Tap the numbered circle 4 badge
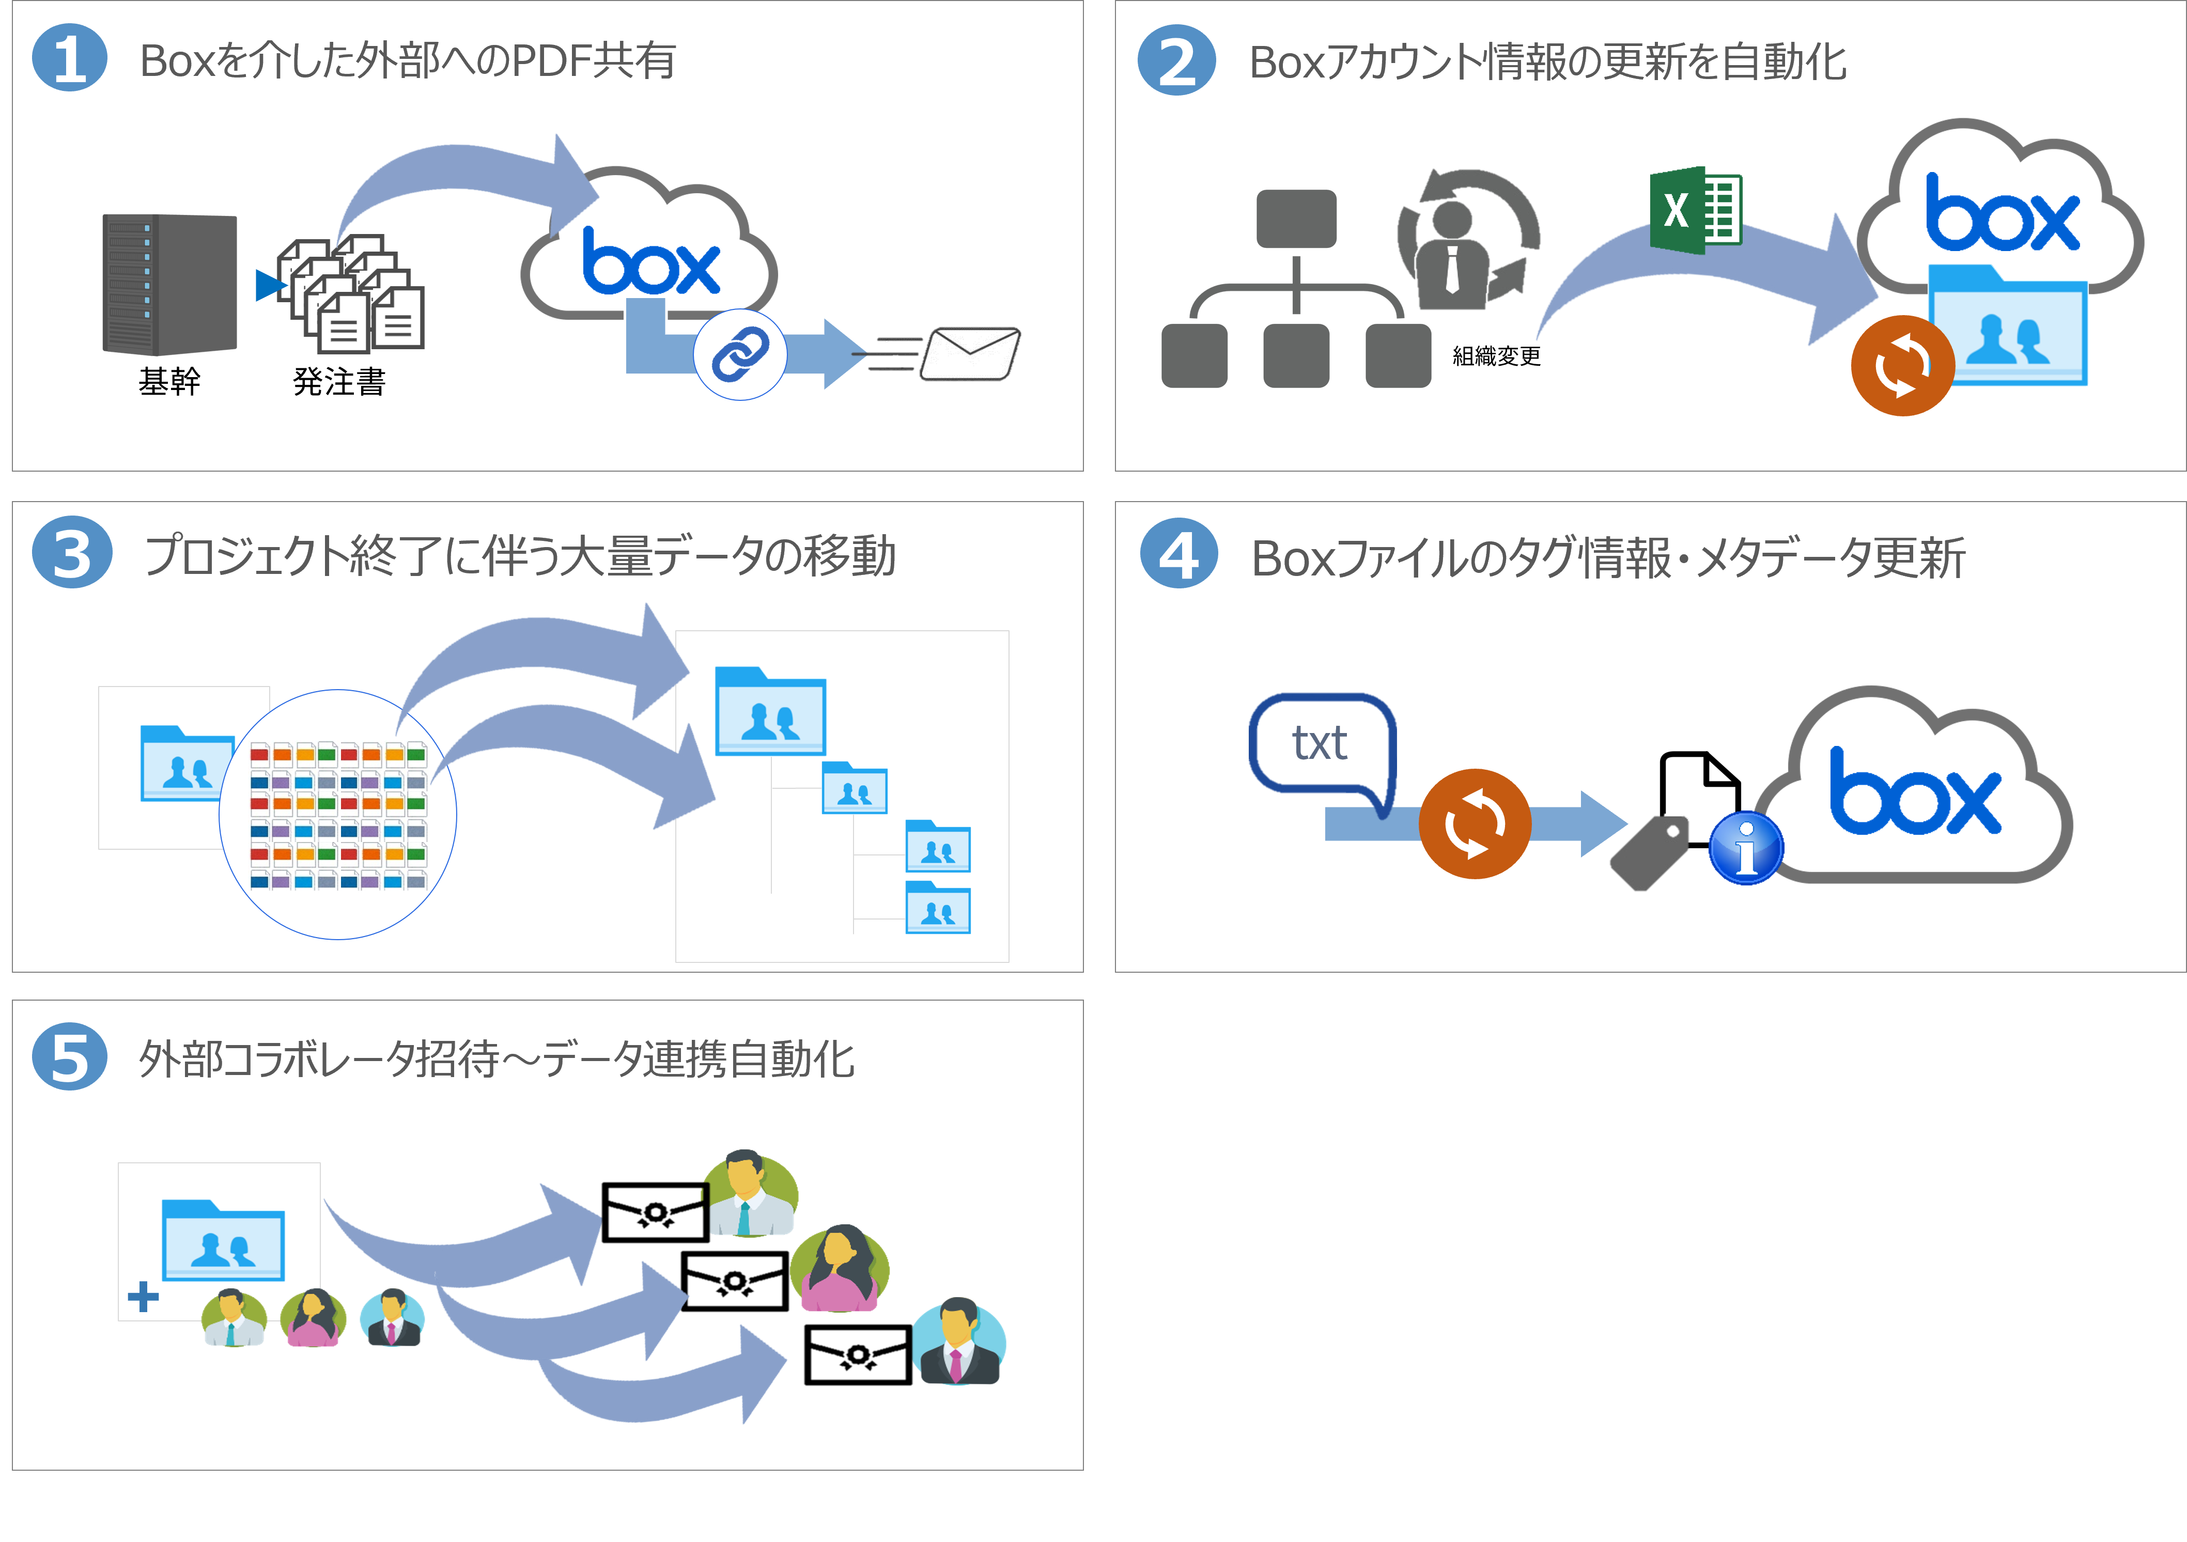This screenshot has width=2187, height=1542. [1178, 554]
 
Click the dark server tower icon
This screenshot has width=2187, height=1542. [169, 284]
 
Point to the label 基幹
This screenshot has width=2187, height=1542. [169, 381]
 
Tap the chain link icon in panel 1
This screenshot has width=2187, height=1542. [740, 354]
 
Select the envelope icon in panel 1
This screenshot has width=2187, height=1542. [970, 353]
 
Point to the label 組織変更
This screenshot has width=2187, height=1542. [1496, 356]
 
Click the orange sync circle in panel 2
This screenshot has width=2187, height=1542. [1902, 366]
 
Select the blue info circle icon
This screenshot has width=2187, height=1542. [1746, 848]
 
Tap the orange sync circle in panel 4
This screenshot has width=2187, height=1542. [1475, 824]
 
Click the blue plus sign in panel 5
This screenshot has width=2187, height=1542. [143, 1296]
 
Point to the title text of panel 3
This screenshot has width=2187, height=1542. [519, 556]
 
